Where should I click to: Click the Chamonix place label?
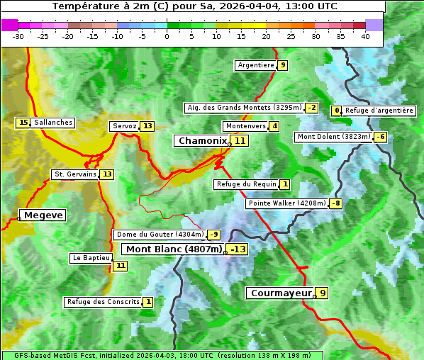(202, 141)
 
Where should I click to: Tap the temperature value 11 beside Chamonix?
(240, 141)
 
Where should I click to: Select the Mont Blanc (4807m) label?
(174, 249)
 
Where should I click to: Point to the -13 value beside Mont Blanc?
(238, 249)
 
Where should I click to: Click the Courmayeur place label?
(281, 293)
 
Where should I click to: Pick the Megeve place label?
(43, 215)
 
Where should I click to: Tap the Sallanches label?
(53, 123)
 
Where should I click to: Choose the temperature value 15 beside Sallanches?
(23, 123)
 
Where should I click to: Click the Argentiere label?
(256, 65)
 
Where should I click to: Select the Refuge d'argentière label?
(379, 111)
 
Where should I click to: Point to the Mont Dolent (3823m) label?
(334, 137)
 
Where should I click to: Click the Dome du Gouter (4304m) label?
(160, 235)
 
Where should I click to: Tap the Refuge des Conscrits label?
(103, 302)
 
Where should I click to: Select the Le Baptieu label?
(91, 258)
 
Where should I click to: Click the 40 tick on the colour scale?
(365, 35)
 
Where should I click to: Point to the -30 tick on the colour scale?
(18, 35)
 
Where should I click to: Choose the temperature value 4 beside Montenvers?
(274, 126)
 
